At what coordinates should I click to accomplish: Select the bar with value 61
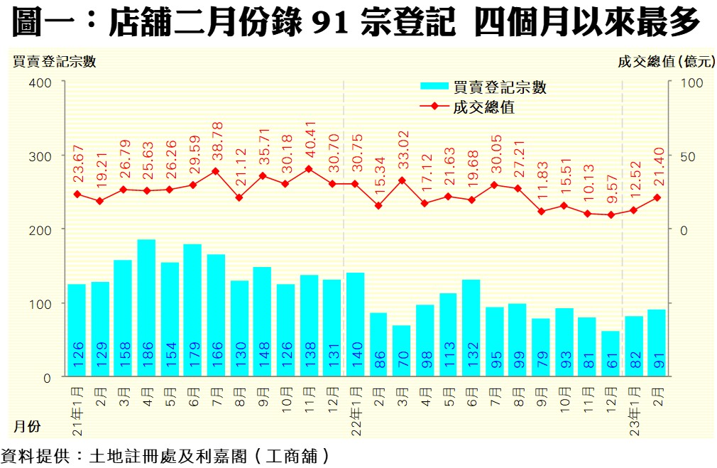point(611,353)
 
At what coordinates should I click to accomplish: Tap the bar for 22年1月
point(355,324)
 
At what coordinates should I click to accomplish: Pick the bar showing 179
point(192,310)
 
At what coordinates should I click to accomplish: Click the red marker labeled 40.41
point(308,169)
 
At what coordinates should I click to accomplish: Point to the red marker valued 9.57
point(611,214)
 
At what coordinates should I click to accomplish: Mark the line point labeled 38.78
point(216,171)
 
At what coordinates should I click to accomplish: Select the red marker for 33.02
point(402,180)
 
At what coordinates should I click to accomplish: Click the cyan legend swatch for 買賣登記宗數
point(434,87)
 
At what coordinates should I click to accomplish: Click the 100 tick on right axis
point(692,82)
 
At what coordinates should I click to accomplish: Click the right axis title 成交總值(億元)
point(666,62)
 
